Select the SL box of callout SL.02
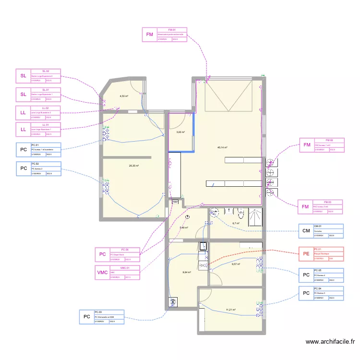click(x=23, y=76)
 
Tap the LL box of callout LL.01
click(x=23, y=130)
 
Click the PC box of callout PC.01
click(x=23, y=150)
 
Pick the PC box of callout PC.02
click(x=23, y=169)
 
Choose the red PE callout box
click(x=306, y=254)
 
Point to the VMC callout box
click(x=103, y=273)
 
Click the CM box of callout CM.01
click(x=306, y=231)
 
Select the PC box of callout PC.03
click(x=86, y=317)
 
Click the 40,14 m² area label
click(x=222, y=148)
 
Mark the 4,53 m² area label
click(x=124, y=96)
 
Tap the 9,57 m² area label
click(x=235, y=264)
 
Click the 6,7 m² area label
click(x=236, y=223)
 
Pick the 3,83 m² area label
click(x=180, y=132)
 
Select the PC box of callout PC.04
click(x=306, y=293)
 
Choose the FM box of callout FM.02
click(x=306, y=145)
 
